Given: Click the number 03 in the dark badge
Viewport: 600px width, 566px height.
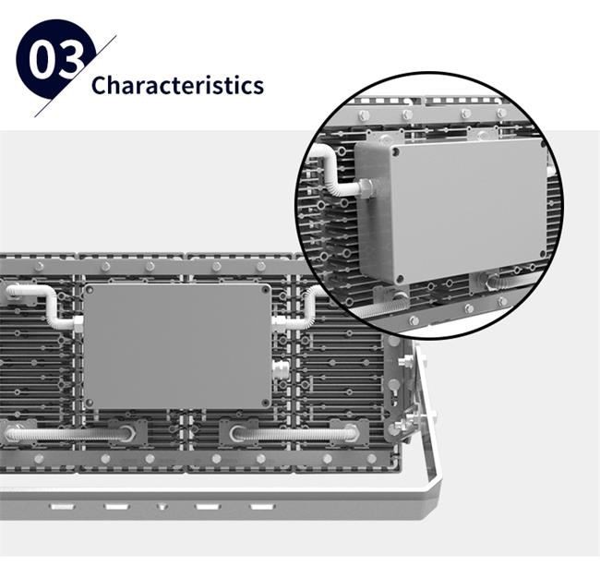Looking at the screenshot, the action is click(x=56, y=61).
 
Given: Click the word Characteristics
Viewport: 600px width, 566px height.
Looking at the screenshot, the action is click(x=177, y=85).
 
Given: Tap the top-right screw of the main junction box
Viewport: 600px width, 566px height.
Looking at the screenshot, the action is click(x=265, y=290).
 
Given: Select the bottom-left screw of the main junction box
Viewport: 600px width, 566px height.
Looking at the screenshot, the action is click(x=90, y=403).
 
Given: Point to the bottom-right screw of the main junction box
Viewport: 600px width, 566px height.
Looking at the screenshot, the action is click(x=265, y=403).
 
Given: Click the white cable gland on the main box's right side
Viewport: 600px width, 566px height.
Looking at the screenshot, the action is click(x=279, y=369).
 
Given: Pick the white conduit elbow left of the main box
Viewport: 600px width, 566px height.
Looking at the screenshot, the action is click(x=42, y=307).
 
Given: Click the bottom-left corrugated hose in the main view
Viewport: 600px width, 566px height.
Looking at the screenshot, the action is click(x=69, y=434).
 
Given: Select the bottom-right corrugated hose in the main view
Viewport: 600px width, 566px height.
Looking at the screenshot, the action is click(x=294, y=434).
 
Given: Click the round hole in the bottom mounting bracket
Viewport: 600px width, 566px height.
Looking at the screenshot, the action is click(x=162, y=506).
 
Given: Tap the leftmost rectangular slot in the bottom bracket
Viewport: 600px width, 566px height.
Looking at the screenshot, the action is click(x=63, y=507).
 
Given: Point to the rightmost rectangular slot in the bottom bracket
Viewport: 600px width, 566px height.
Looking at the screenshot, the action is click(x=262, y=507).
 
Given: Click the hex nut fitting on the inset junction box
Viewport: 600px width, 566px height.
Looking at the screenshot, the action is click(x=366, y=187).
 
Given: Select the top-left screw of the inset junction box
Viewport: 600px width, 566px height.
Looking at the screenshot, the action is click(x=395, y=152).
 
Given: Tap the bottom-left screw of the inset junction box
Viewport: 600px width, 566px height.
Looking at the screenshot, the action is click(x=400, y=278).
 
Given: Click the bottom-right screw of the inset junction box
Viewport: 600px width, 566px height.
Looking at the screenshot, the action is click(x=542, y=254).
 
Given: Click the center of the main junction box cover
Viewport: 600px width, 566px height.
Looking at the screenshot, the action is click(x=177, y=346).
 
